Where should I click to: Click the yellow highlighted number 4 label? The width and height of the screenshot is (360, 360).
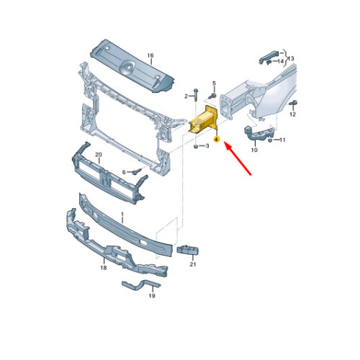coord(217,139)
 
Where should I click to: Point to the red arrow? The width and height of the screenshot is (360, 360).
coord(238,158)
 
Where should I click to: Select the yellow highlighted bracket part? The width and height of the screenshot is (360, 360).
coord(203,120)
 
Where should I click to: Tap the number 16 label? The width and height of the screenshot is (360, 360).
coord(150,55)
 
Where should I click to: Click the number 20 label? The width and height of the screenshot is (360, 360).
coord(99,155)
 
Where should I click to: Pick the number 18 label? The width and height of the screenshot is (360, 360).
coord(104,268)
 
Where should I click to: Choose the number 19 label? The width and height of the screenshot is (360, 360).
coord(152,296)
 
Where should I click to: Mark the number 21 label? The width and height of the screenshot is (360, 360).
coord(193,264)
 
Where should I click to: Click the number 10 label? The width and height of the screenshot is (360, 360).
coord(254,150)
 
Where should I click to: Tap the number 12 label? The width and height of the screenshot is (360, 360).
coord(293,114)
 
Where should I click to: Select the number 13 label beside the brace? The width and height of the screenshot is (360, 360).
coord(291,58)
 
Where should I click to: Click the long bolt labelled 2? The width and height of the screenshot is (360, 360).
coord(196,94)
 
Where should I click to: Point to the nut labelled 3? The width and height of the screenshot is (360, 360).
coord(196,146)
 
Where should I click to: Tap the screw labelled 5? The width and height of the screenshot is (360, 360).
coord(212,96)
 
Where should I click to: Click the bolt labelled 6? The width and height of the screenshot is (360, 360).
coord(137,171)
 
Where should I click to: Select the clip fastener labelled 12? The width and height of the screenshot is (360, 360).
coord(294,103)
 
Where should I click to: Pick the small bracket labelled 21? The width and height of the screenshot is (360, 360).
coord(188,250)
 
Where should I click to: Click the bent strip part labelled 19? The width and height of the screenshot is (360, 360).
coord(140,284)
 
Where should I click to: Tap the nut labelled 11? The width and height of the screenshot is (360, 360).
coord(270,140)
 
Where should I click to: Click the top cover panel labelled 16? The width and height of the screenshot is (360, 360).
coord(132,66)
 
